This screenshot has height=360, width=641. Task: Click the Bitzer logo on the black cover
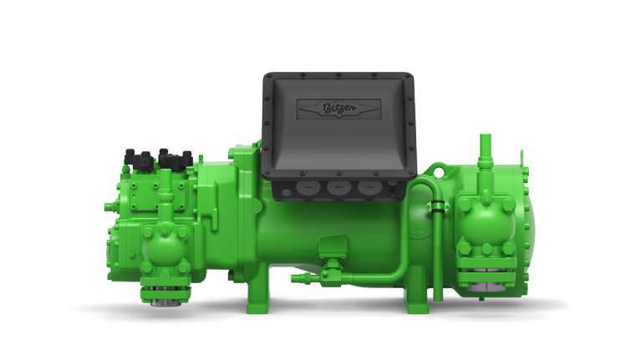(339, 109)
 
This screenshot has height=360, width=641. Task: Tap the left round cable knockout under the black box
(307, 188)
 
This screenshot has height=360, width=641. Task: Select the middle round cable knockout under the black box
(338, 188)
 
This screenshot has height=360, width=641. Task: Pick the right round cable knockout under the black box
(369, 188)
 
